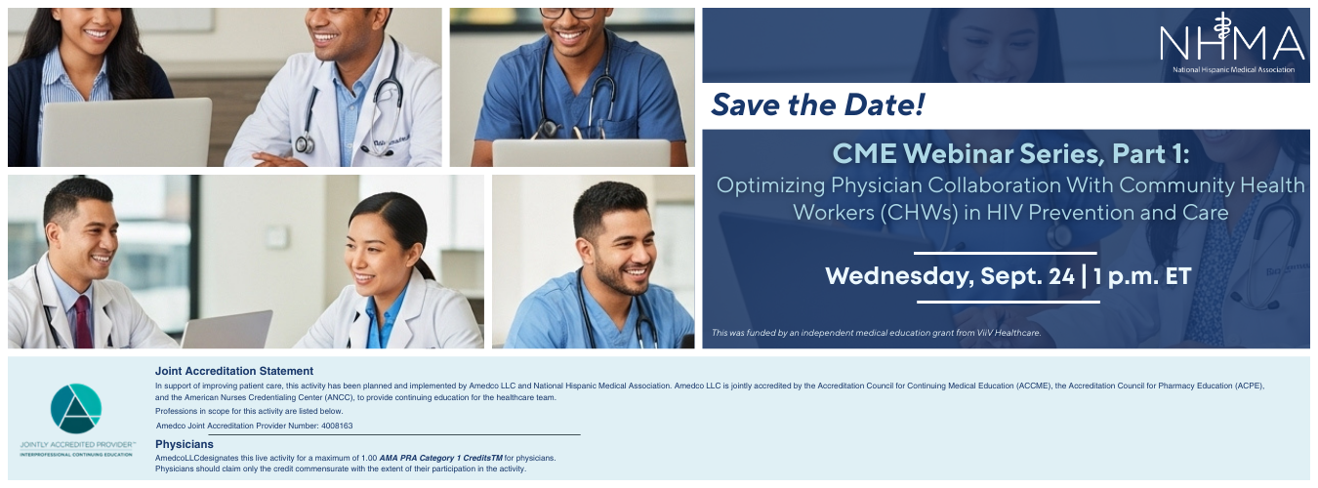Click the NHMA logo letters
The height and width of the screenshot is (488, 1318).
pos(1231,40)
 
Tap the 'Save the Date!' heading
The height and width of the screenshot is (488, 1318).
pos(817,104)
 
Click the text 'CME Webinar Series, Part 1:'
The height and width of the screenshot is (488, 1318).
pos(1010,154)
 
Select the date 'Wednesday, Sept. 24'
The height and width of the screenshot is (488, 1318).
pos(949,276)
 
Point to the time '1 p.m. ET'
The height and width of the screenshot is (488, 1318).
pos(1142,276)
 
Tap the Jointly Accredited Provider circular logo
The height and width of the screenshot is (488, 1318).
pos(76,409)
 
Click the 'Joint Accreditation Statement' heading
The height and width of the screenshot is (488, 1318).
pos(234,371)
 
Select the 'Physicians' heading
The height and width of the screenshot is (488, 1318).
pos(185,444)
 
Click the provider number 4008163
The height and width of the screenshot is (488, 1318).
pos(337,426)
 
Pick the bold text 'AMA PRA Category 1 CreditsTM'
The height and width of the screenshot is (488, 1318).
pos(440,458)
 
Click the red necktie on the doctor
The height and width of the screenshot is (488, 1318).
pos(83,323)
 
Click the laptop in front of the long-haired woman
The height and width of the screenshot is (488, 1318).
pos(126,133)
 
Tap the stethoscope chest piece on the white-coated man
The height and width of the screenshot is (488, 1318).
pos(305,144)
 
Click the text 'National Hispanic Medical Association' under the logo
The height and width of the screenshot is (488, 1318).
pos(1233,70)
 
